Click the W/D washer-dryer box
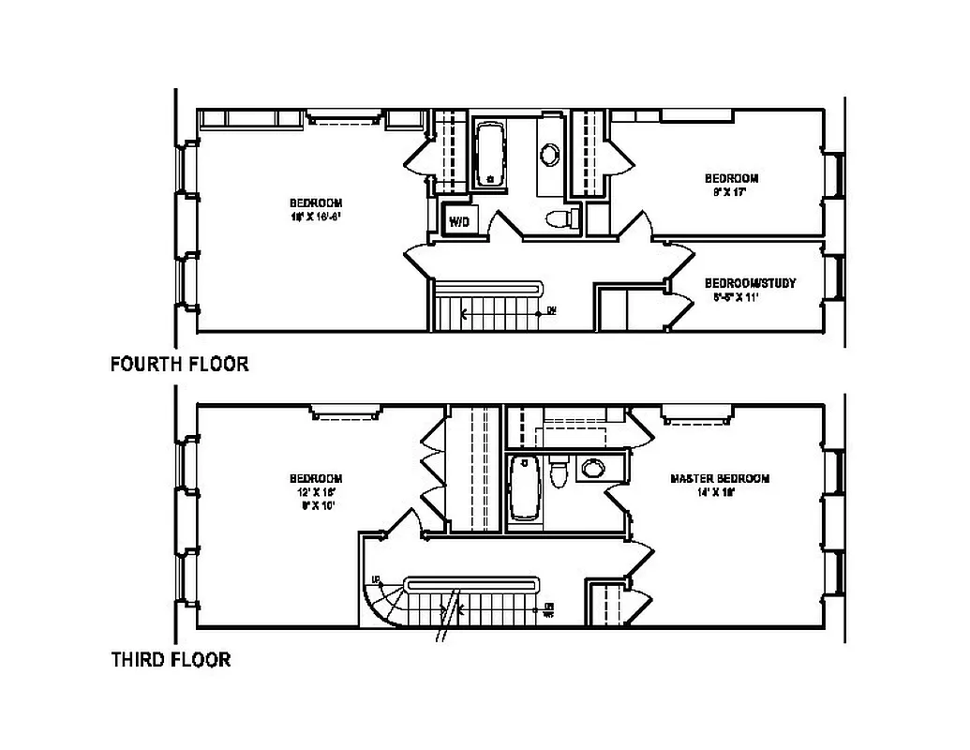point(458,221)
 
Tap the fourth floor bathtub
point(489,153)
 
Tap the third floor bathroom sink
point(591,468)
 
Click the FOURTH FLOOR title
point(180,364)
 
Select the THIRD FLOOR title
point(171,660)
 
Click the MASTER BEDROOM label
point(720,478)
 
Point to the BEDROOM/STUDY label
point(750,283)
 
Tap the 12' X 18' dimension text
point(315,492)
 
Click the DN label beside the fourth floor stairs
point(552,311)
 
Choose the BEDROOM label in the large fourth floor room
point(315,202)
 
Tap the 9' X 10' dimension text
point(315,505)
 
